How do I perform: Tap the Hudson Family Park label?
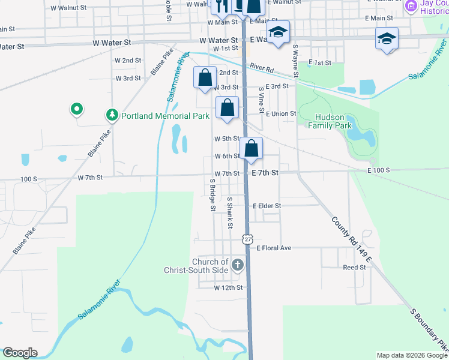pyautogui.click(x=330, y=122)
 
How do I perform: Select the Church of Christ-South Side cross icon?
pyautogui.click(x=238, y=265)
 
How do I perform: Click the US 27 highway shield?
pyautogui.click(x=248, y=239)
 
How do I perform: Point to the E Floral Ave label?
pyautogui.click(x=274, y=248)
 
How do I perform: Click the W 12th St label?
pyautogui.click(x=228, y=288)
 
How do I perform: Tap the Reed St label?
pyautogui.click(x=354, y=268)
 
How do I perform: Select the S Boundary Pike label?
pyautogui.click(x=429, y=331)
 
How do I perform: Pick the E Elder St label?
pyautogui.click(x=267, y=206)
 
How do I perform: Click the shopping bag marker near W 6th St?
pyautogui.click(x=252, y=148)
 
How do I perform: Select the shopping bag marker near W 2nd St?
pyautogui.click(x=205, y=78)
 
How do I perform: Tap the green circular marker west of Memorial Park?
pyautogui.click(x=76, y=109)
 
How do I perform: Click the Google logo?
pyautogui.click(x=20, y=353)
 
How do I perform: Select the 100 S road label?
pyautogui.click(x=28, y=179)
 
